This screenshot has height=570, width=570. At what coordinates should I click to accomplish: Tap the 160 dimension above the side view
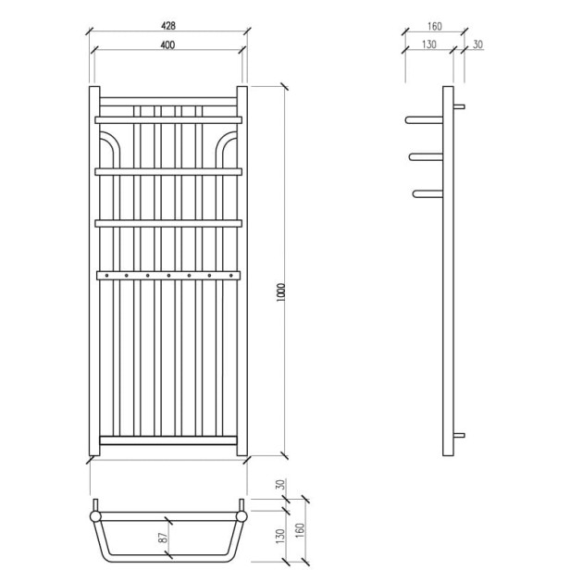point(434,27)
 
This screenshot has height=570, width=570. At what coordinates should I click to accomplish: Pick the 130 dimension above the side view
point(428,45)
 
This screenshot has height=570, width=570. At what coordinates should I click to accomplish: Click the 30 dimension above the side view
point(476,45)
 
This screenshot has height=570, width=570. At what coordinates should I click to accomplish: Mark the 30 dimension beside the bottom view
point(279,484)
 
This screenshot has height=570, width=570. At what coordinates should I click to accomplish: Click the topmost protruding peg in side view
point(424,119)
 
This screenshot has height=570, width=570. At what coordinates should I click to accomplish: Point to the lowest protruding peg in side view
point(429,193)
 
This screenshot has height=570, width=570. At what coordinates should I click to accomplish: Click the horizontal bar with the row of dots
point(167,274)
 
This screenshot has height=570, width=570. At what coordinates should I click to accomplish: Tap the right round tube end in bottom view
point(242,515)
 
